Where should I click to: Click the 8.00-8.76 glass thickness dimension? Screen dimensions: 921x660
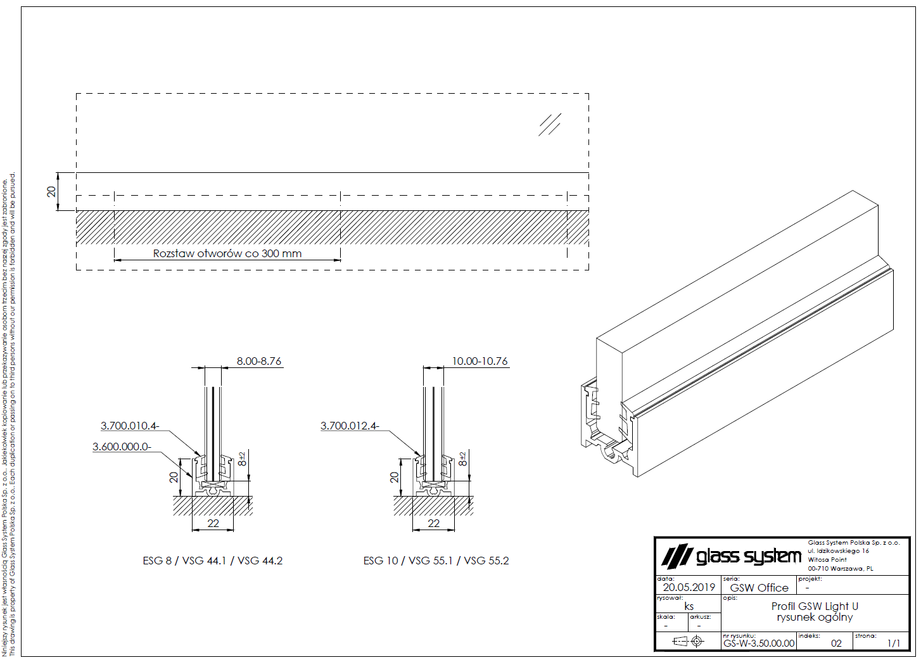[258, 361]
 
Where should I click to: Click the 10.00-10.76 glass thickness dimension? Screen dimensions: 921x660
[480, 361]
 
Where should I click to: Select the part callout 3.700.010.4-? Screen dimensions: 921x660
[130, 426]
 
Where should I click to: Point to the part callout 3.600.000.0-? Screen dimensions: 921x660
[122, 447]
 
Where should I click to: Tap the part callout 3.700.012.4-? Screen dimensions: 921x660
[350, 426]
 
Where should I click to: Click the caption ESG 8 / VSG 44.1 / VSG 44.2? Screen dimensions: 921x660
[213, 561]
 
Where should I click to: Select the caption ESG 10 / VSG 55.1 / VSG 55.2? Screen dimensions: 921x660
[436, 561]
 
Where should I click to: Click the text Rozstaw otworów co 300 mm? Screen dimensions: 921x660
[227, 253]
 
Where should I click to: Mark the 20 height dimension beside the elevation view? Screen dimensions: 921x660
[51, 192]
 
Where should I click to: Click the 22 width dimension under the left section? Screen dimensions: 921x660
[213, 523]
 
